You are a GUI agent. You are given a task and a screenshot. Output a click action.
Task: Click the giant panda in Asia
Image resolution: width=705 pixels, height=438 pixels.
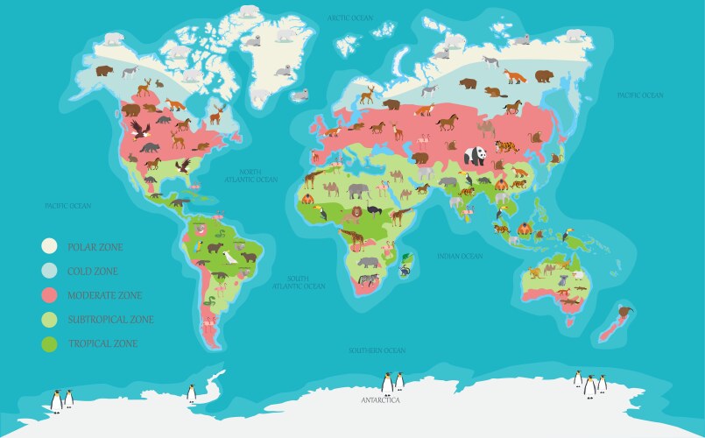(x=475, y=156)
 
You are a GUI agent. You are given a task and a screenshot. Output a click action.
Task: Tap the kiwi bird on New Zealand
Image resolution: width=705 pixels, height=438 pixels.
(x=626, y=307)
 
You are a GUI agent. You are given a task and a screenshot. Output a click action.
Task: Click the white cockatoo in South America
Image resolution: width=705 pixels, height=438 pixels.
(x=230, y=256)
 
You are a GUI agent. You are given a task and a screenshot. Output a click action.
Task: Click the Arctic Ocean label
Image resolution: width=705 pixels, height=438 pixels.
(x=350, y=18)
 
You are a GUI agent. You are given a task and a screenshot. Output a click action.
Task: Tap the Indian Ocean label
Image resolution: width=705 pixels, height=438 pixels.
(x=460, y=256)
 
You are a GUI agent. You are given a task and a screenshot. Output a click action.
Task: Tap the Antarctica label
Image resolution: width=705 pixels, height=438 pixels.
(x=380, y=400)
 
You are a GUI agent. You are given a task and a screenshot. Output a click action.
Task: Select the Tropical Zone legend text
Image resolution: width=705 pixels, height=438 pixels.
(x=102, y=344)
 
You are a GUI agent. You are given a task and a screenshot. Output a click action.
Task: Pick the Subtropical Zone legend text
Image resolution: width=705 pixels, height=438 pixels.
(x=111, y=320)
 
